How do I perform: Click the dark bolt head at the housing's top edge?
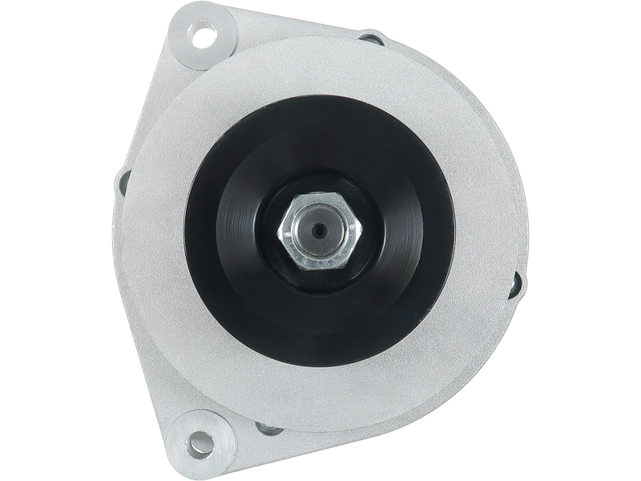pos(370,36)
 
